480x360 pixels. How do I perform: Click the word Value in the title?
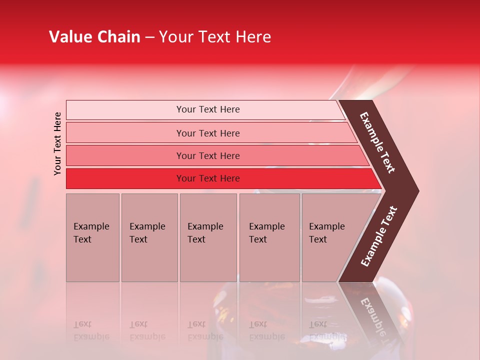tap(69, 37)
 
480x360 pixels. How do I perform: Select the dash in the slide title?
tap(149, 37)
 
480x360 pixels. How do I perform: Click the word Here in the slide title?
tap(253, 37)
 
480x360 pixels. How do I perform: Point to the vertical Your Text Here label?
tap(57, 143)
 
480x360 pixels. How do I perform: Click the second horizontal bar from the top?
tap(207, 133)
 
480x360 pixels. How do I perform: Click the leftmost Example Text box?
tap(92, 237)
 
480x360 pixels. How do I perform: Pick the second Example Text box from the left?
tap(149, 237)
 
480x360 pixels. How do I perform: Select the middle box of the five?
tap(208, 237)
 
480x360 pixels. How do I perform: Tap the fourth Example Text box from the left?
tap(269, 237)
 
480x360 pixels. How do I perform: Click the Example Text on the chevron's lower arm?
tap(379, 236)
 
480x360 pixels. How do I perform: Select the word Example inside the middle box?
tap(205, 226)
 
